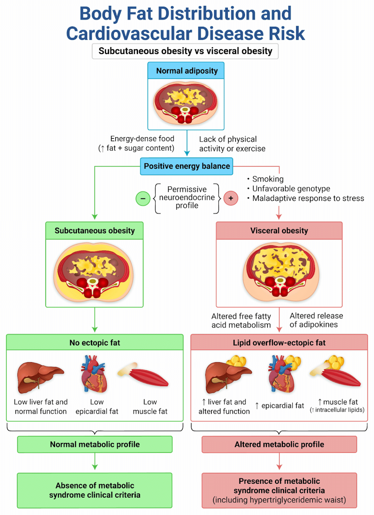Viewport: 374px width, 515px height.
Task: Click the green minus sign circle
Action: tap(143, 198)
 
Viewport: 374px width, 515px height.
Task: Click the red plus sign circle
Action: tap(231, 198)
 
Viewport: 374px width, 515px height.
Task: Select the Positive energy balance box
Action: tap(187, 166)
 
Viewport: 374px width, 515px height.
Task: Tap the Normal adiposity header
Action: tap(186, 71)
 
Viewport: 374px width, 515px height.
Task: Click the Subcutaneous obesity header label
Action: tap(95, 231)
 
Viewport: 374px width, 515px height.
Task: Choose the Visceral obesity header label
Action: tap(279, 231)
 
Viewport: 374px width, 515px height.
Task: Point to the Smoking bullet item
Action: tap(267, 179)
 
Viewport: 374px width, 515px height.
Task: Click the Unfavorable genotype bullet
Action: tap(291, 189)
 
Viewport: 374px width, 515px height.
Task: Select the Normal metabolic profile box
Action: tap(95, 445)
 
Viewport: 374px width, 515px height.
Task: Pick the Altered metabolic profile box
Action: tap(279, 445)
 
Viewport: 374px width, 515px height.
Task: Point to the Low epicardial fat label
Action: tap(97, 407)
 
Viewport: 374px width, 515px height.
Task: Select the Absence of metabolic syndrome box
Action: tap(95, 490)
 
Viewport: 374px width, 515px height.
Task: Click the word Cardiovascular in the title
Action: tap(129, 34)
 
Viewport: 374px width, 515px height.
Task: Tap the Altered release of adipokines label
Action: tap(316, 320)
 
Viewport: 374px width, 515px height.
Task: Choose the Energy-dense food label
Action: tap(142, 139)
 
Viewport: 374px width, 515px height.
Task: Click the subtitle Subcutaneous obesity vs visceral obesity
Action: tap(185, 51)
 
